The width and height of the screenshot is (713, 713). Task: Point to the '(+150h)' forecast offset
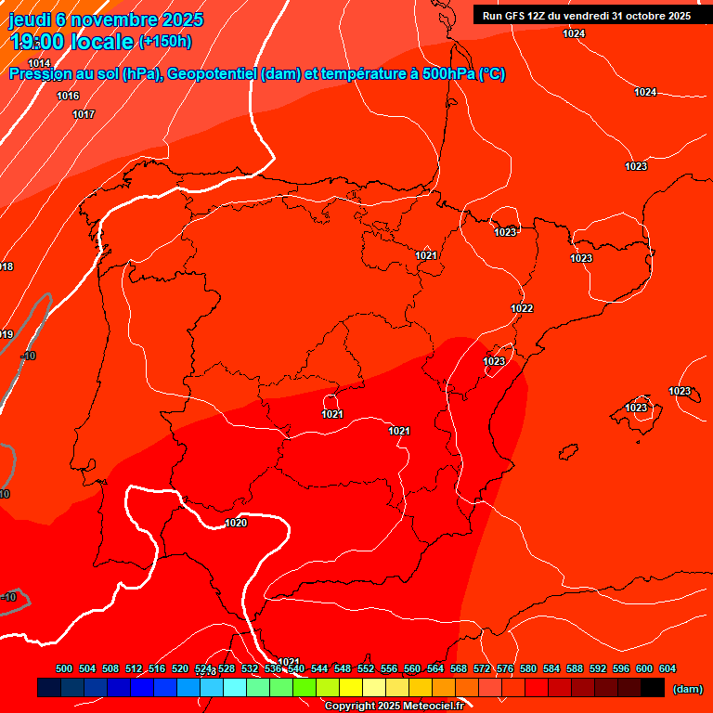(x=165, y=42)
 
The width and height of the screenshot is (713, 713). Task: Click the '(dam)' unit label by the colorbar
(x=687, y=689)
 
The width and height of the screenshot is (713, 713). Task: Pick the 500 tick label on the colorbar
(x=64, y=668)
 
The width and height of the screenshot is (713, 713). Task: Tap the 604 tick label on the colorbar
(x=668, y=668)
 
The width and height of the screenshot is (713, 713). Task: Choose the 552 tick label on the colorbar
(x=366, y=668)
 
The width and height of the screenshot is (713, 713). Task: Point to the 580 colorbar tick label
(x=528, y=668)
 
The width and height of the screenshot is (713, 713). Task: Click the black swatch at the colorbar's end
(x=653, y=688)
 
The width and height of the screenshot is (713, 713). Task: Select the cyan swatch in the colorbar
(x=234, y=688)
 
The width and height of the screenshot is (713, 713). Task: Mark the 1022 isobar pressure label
(x=522, y=308)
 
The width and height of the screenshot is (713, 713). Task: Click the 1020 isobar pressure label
(x=236, y=523)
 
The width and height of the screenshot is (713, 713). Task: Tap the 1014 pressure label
(x=39, y=63)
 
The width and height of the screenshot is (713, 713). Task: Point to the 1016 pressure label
(x=68, y=96)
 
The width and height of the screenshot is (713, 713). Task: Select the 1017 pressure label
(x=84, y=114)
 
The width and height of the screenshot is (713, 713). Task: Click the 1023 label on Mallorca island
(x=636, y=408)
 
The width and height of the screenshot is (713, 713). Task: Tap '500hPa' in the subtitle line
(x=440, y=74)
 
